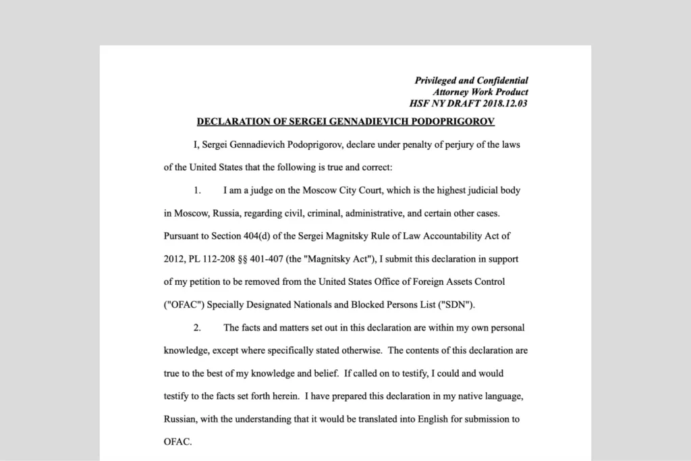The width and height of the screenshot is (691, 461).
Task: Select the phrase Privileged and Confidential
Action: (x=471, y=80)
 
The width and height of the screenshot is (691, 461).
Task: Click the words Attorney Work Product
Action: (x=480, y=92)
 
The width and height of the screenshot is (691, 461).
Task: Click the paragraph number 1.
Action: (x=198, y=190)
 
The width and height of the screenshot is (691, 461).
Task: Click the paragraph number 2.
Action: (x=198, y=327)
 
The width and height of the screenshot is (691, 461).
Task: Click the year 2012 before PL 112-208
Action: (x=174, y=259)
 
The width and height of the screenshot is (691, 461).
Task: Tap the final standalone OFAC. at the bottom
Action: (x=177, y=442)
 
